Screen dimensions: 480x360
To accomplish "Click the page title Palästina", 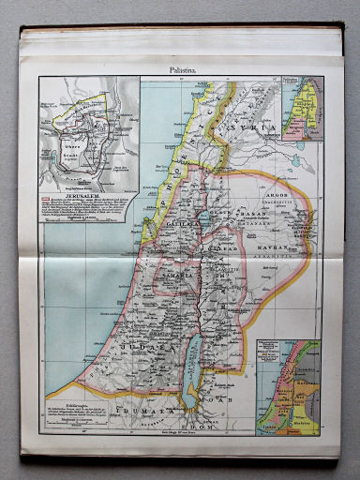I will coord(180,68).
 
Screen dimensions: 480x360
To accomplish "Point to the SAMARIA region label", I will coord(169,281).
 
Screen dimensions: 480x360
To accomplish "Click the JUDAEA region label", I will coord(141,346).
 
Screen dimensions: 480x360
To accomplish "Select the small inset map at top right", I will coord(303,108).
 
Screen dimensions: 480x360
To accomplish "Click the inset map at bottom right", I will coord(289,385).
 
